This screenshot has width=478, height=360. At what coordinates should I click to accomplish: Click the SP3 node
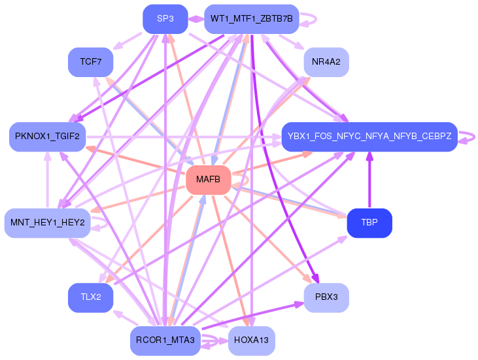(x=165, y=19)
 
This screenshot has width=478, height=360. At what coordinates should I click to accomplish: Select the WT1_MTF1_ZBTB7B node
(x=252, y=19)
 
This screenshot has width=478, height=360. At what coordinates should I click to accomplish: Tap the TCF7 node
(x=90, y=62)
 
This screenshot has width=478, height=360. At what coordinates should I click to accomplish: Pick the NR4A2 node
(x=326, y=62)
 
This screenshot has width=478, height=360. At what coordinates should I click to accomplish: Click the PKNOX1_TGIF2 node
(x=47, y=137)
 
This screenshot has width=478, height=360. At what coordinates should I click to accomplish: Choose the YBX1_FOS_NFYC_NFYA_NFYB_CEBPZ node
(x=369, y=137)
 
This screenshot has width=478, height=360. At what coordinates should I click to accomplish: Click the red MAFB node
(x=208, y=180)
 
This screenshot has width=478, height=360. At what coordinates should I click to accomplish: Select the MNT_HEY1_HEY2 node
(x=47, y=223)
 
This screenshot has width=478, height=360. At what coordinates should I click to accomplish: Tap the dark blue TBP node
(x=369, y=223)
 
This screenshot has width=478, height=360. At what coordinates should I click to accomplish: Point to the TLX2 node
(x=90, y=297)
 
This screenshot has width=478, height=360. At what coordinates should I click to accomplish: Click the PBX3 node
(x=326, y=297)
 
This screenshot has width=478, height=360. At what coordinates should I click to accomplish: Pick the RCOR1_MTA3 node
(x=165, y=340)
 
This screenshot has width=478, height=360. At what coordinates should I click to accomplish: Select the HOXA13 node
(x=252, y=340)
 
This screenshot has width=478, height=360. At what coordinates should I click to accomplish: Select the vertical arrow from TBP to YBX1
(x=369, y=180)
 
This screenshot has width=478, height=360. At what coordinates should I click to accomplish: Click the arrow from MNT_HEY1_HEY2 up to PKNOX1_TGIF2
(x=47, y=180)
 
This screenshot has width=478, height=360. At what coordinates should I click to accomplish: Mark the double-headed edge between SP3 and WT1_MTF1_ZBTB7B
(x=196, y=19)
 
